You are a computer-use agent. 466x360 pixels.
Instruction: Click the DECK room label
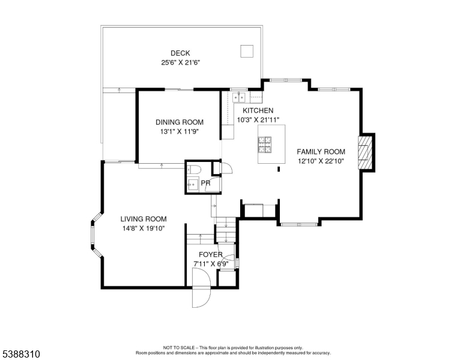tap(180, 53)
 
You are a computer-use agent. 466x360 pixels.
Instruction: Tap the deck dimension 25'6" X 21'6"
tap(180, 62)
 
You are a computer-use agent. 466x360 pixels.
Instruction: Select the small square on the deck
tap(247, 51)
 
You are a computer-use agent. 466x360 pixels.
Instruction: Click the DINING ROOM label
tap(180, 122)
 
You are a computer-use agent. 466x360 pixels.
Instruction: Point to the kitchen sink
tap(238, 97)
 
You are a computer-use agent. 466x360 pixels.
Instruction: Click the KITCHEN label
tap(258, 110)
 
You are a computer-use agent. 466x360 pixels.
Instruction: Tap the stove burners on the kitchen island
tap(264, 145)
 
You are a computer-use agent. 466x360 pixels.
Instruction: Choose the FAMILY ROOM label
tap(321, 152)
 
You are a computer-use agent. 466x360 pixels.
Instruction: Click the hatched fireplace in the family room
tap(365, 152)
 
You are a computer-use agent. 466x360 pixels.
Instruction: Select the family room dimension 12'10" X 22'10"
tap(321, 161)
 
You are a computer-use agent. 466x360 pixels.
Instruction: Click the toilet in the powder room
tap(193, 169)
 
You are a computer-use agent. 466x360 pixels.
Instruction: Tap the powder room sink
tap(193, 184)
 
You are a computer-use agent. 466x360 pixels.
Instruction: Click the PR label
tap(205, 183)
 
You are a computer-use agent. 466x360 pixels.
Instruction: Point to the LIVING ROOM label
tap(144, 219)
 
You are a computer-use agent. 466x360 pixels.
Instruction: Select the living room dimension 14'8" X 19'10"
tap(144, 229)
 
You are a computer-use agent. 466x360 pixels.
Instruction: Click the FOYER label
tap(211, 254)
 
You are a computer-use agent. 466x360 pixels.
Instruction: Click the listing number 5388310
tap(21, 354)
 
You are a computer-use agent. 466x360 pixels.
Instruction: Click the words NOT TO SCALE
tap(179, 347)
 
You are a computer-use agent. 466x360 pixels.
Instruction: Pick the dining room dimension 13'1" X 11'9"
tap(180, 131)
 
